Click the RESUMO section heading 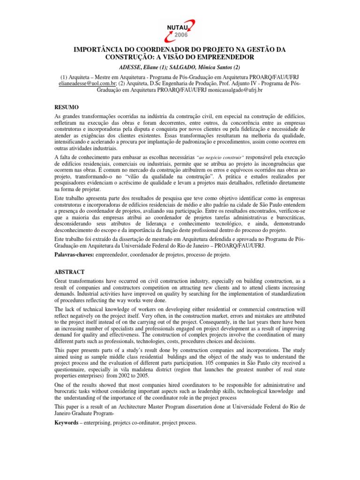click(x=66, y=107)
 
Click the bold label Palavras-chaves click(x=75, y=255)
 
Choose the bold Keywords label click(x=68, y=422)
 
